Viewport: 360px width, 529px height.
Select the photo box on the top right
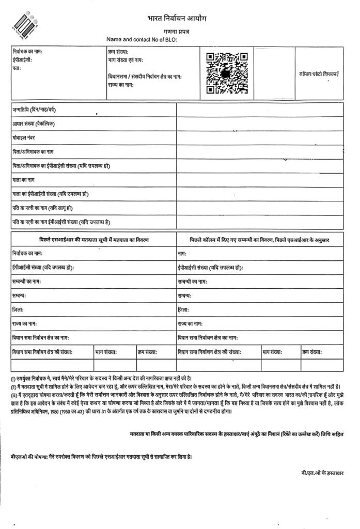pos(321,73)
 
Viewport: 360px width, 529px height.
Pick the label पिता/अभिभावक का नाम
pos(34,152)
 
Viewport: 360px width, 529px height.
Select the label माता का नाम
pos(24,180)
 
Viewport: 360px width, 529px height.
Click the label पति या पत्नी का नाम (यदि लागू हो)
pos(43,208)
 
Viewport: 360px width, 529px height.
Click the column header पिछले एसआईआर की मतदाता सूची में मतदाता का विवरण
pos(93,240)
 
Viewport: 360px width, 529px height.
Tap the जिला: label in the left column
pos(18,310)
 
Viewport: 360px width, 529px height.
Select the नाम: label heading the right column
pos(182,254)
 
